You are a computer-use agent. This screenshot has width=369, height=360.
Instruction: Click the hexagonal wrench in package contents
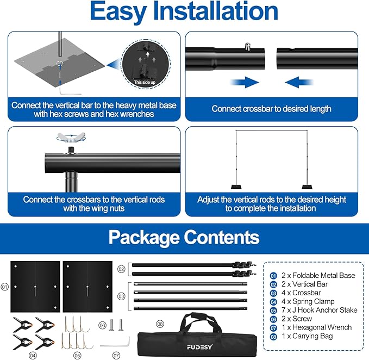pyautogui.click(x=116, y=344)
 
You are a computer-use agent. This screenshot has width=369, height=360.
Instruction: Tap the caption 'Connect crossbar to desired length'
pyautogui.click(x=271, y=109)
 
